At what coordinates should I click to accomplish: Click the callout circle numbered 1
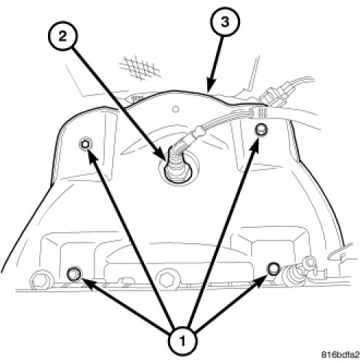(x=182, y=341)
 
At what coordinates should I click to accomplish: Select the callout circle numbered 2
(x=63, y=36)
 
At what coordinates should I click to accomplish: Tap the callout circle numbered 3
(x=225, y=22)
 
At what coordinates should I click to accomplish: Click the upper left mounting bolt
(x=86, y=144)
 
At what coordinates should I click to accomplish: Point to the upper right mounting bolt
(x=260, y=130)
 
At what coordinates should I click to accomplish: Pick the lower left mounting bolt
(x=74, y=274)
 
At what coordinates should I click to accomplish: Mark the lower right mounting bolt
(x=273, y=269)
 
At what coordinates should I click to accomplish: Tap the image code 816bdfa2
(x=340, y=354)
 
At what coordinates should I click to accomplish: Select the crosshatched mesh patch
(x=140, y=68)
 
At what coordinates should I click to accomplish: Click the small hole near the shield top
(x=176, y=109)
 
